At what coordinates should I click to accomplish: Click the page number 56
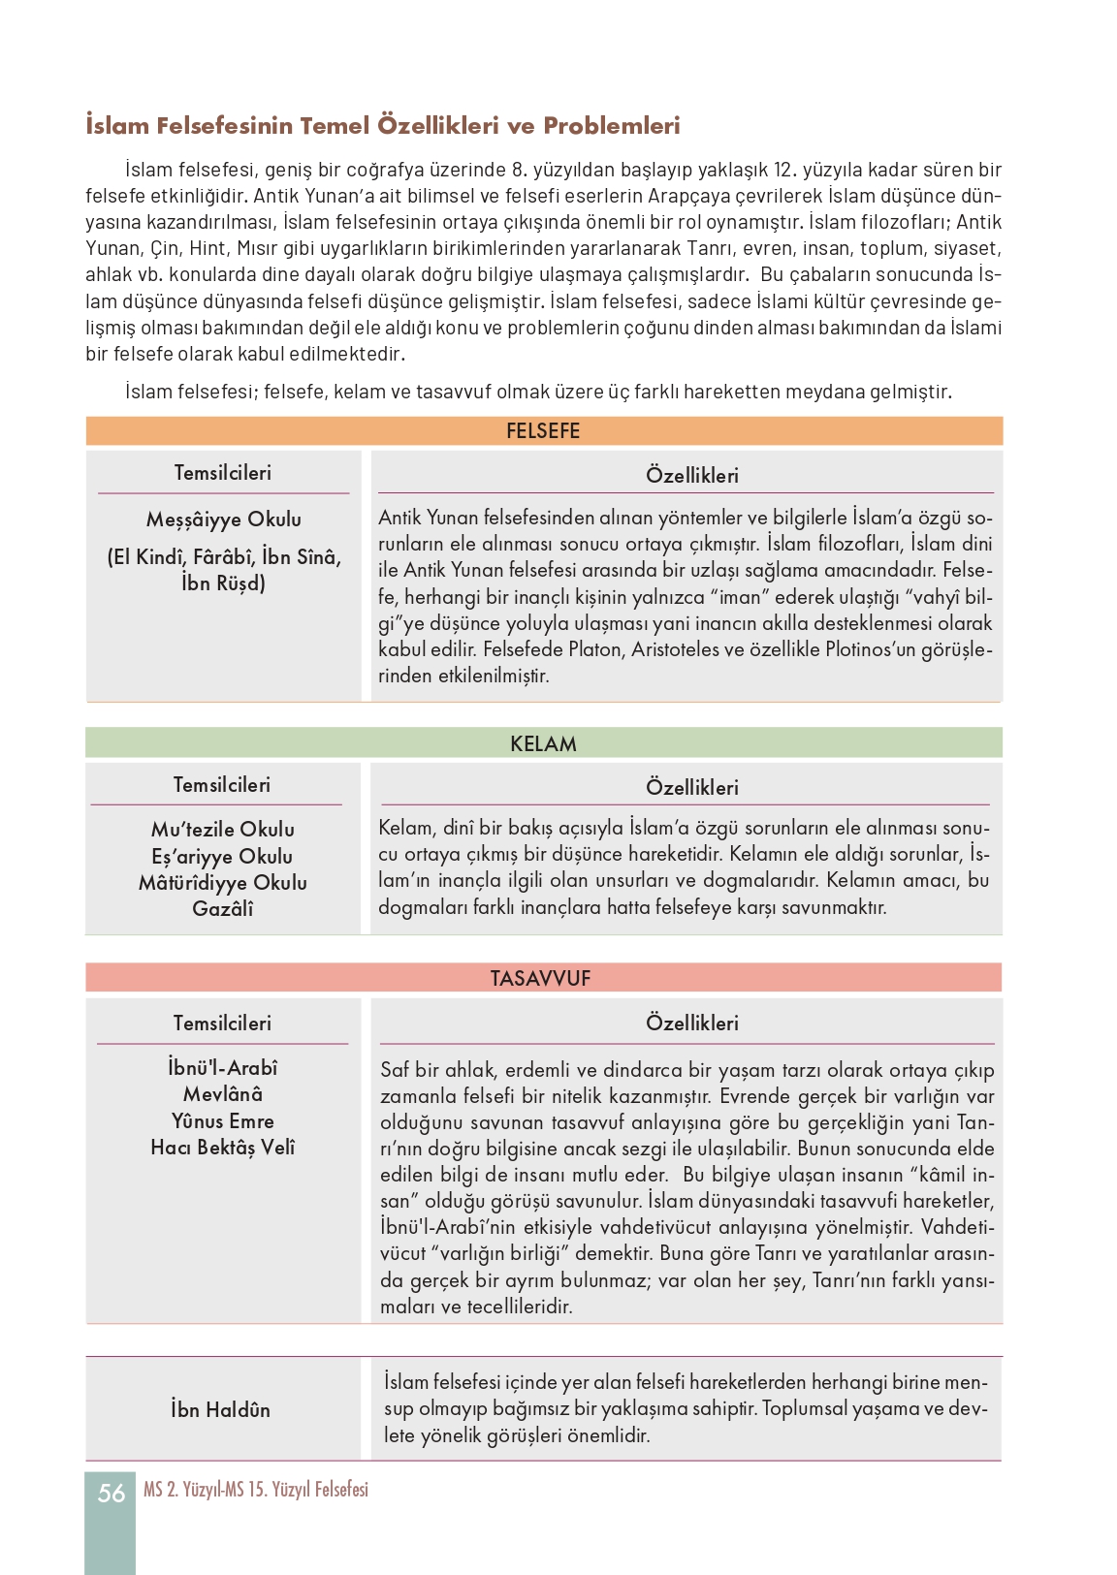point(112,1493)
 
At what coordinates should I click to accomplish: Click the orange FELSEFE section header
point(543,431)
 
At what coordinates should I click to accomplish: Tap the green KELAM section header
point(543,743)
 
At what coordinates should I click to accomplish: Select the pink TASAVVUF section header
point(540,978)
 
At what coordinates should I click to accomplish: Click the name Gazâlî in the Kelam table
point(223,909)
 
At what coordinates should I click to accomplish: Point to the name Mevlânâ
point(223,1094)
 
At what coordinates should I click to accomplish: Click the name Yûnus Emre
point(223,1121)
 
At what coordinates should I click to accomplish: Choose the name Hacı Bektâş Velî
point(223,1148)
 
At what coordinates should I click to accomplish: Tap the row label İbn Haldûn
point(221,1409)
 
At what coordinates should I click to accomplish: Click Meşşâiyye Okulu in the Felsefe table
point(224,520)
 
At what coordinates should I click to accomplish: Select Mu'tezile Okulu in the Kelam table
point(223,830)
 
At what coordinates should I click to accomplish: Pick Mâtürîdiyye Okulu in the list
point(223,883)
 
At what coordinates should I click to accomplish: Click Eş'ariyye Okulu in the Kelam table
point(222,857)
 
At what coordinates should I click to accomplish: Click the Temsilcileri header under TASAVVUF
point(222,1024)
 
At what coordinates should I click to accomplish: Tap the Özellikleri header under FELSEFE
point(692,475)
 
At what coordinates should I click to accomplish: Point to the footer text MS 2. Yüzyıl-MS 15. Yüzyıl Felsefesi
point(256,1490)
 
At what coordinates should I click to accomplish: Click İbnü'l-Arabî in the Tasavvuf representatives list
point(223,1068)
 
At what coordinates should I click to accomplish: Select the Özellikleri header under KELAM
point(692,787)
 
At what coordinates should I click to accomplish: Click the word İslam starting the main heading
point(117,125)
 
